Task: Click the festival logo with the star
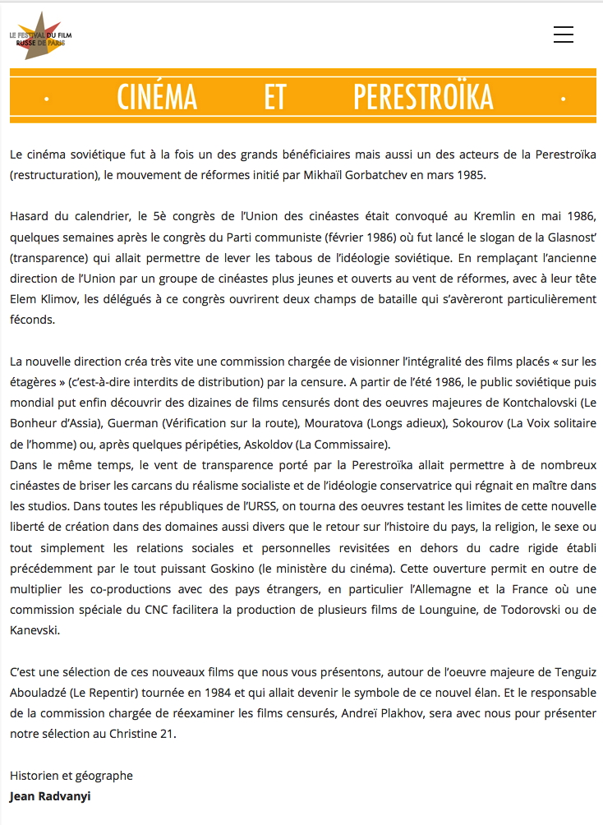(39, 35)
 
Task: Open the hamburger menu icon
(564, 35)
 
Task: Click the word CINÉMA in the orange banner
(157, 97)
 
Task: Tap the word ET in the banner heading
(275, 97)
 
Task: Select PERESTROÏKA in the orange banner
(423, 97)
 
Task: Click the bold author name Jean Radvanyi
(50, 796)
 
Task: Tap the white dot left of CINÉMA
(47, 99)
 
